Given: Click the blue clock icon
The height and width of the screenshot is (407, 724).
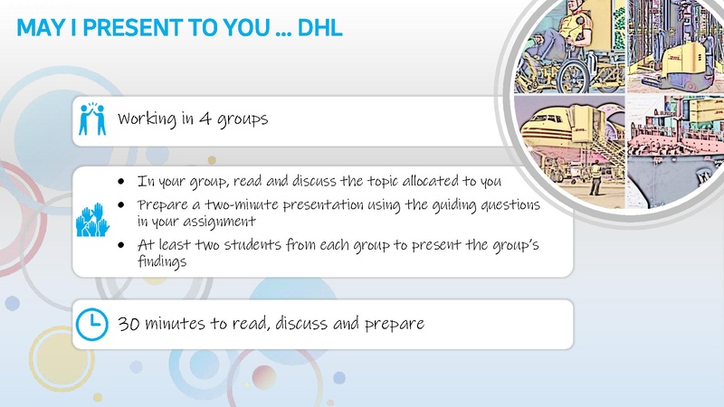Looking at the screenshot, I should coord(90,324).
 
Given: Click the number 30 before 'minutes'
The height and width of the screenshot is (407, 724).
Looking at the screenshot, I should coord(128,323).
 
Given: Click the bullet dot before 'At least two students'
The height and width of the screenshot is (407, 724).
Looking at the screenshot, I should coord(121,245).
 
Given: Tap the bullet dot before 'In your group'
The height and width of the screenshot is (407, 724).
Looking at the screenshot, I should coord(121,180).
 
